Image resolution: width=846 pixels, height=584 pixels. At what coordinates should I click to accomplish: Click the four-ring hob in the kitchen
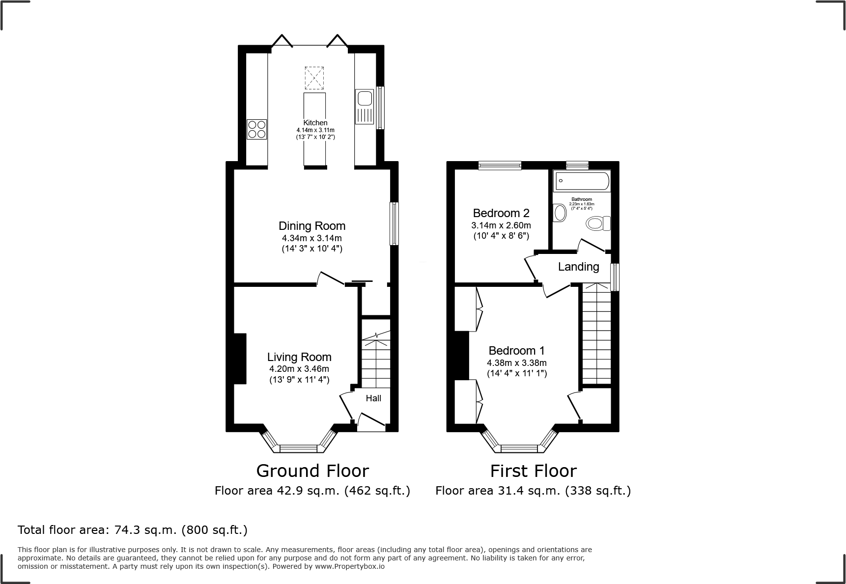[256, 129]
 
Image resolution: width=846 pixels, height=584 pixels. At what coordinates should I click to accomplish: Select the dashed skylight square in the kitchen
[314, 78]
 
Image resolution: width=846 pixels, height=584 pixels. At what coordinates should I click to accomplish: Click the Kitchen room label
[315, 123]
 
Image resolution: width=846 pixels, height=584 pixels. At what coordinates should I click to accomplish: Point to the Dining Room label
[312, 226]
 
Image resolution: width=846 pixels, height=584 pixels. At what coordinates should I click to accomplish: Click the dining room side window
[394, 223]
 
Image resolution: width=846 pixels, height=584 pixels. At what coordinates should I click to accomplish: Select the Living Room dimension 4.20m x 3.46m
[299, 369]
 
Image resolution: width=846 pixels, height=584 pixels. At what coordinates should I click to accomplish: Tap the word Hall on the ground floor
[373, 398]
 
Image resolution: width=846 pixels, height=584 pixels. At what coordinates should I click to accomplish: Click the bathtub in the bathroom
[582, 181]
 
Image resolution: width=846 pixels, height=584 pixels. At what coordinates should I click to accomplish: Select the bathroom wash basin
[559, 213]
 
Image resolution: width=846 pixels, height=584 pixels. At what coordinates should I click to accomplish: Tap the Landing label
[579, 267]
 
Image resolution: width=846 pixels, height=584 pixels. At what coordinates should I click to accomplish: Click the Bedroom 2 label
[501, 213]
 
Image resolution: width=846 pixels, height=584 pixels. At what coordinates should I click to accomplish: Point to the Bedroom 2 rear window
[500, 166]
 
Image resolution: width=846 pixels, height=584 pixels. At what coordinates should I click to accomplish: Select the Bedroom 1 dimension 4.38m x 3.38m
[517, 363]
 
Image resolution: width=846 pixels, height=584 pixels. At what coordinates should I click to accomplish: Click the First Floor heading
[533, 471]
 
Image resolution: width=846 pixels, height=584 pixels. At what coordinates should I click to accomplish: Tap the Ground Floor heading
[312, 471]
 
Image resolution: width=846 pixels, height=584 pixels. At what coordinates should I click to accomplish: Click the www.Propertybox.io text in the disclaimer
[350, 566]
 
